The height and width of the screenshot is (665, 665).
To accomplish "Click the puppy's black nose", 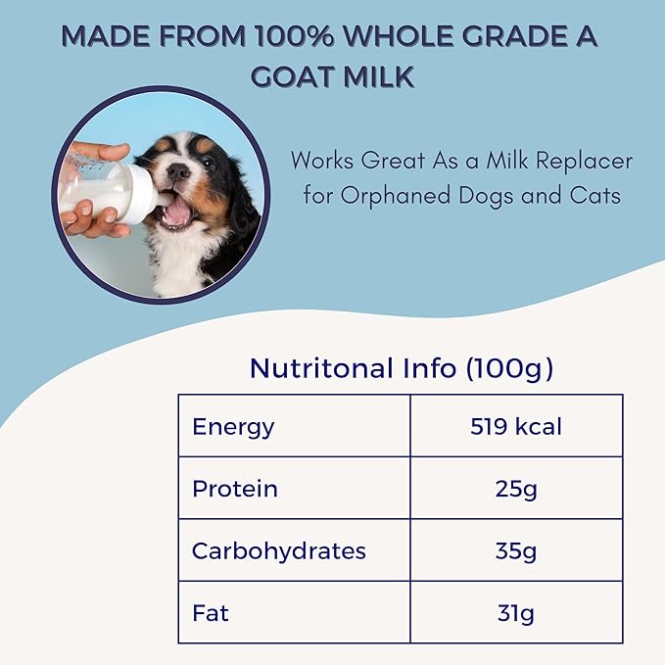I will [x=178, y=171].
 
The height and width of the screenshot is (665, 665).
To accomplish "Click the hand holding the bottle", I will [x=90, y=211].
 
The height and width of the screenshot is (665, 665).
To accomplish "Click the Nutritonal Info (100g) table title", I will [x=401, y=368].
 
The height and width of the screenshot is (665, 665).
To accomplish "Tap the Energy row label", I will [x=233, y=426].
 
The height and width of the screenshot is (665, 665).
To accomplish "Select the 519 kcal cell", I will [x=516, y=426].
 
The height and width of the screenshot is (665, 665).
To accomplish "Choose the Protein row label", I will [x=235, y=488].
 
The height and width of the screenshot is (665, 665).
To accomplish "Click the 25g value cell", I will [x=516, y=488].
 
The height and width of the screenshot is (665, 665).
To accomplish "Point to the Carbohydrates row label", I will [x=279, y=550].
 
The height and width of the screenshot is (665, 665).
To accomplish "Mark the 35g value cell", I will [x=516, y=550].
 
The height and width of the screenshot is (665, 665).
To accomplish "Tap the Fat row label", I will [x=211, y=612].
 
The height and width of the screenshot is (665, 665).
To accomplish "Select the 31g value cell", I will [x=516, y=612].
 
